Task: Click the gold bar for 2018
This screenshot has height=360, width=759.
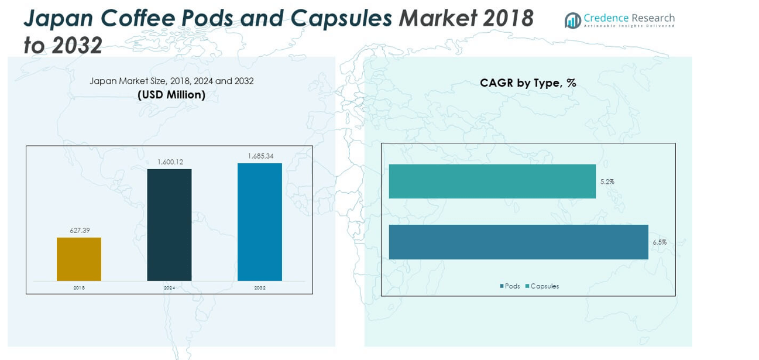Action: click(x=79, y=259)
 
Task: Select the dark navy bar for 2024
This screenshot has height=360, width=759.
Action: click(x=169, y=225)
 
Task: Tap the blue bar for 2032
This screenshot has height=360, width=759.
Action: click(x=260, y=222)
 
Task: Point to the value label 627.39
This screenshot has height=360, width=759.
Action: click(x=80, y=231)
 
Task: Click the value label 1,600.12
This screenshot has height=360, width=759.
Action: click(x=170, y=162)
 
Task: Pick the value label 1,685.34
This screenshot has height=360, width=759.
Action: click(x=260, y=156)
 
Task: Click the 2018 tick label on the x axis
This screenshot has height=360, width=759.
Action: click(x=79, y=288)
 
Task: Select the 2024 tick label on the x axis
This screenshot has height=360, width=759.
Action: click(x=169, y=288)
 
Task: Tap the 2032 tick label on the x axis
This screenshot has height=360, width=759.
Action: click(x=260, y=288)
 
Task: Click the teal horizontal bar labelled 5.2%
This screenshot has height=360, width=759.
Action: click(x=492, y=181)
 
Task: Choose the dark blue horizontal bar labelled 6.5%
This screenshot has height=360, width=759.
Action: click(x=518, y=242)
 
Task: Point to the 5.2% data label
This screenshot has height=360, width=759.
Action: click(x=607, y=182)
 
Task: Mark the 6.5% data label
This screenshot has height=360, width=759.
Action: click(x=660, y=242)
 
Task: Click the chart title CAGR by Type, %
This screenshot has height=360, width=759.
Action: click(x=528, y=83)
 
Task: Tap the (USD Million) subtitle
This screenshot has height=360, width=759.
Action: click(x=171, y=95)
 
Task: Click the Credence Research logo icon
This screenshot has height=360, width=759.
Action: click(x=572, y=20)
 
